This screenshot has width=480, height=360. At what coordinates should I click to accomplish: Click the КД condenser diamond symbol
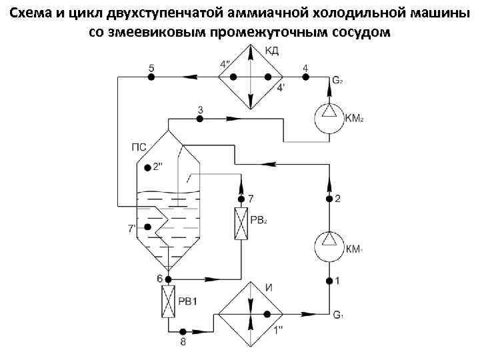(251, 77)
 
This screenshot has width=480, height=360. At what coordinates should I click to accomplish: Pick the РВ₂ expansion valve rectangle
(241, 223)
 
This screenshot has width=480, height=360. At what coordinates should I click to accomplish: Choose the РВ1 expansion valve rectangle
(168, 301)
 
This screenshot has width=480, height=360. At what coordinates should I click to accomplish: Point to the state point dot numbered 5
(151, 77)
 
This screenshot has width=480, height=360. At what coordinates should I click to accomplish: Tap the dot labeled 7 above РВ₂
(241, 199)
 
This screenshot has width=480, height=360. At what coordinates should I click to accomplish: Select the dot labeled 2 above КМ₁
(329, 199)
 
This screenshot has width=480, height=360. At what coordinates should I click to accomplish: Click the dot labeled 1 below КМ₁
(329, 281)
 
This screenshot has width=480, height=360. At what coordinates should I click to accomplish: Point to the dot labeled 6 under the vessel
(168, 279)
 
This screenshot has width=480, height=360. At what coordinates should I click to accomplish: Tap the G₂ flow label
(338, 81)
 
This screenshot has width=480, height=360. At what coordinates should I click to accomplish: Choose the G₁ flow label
(338, 315)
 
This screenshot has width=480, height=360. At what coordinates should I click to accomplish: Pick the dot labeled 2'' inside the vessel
(147, 167)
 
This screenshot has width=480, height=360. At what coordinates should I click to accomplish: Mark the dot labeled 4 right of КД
(305, 77)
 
